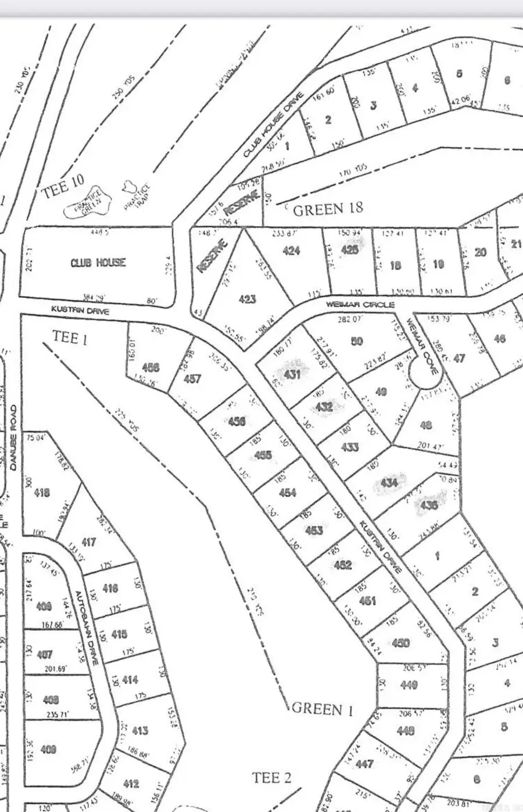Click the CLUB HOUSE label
[98, 262]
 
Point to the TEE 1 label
[70, 337]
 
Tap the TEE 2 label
[271, 777]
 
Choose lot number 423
[247, 300]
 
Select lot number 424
[291, 251]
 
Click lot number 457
[192, 379]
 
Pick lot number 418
[42, 493]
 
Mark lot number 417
[88, 542]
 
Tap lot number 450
[401, 643]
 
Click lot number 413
[140, 730]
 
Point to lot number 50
[357, 341]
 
